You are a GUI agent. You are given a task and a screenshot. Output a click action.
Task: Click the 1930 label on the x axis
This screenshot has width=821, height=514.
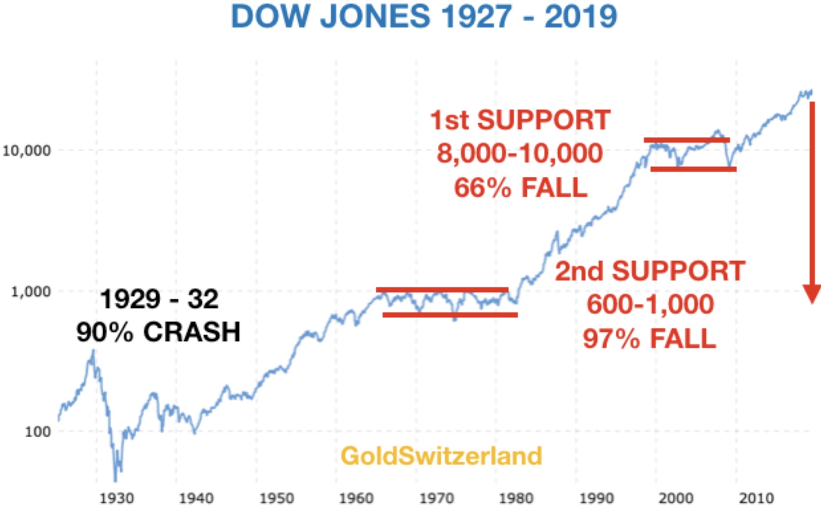117,498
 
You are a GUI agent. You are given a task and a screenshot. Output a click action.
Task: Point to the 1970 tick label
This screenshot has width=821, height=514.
436,498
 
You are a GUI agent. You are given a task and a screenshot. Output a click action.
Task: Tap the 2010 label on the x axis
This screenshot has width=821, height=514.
756,498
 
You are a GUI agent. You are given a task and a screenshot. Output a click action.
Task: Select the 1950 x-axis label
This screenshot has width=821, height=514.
277,498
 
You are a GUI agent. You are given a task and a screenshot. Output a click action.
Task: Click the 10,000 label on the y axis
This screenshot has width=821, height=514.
26,150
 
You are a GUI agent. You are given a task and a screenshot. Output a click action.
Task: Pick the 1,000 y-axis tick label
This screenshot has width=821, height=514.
30,291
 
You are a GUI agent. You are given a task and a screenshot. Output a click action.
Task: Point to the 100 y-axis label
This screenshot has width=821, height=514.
38,432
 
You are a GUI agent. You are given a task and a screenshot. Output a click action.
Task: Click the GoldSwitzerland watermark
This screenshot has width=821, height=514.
441,456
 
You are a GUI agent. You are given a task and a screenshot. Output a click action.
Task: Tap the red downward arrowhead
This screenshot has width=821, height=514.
812,293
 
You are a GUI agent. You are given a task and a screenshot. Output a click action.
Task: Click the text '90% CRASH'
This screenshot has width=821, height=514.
158,332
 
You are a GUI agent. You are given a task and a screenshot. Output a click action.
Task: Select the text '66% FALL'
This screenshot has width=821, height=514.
520,188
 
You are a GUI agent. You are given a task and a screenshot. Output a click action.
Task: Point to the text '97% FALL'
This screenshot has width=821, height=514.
650,338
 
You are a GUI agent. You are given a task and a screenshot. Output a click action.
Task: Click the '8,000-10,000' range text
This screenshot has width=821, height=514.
520,153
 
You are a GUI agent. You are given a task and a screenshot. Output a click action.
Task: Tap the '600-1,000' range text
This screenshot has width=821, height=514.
650,304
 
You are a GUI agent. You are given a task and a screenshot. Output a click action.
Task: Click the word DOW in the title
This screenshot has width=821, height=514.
270,16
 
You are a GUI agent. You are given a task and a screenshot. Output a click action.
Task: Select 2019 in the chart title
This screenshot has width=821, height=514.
580,16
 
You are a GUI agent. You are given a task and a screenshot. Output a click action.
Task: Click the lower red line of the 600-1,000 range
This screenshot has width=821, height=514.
450,315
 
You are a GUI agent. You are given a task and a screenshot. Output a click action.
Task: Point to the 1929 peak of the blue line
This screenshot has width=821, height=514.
93,351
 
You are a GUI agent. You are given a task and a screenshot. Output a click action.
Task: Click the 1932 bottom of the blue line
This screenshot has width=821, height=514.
116,480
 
